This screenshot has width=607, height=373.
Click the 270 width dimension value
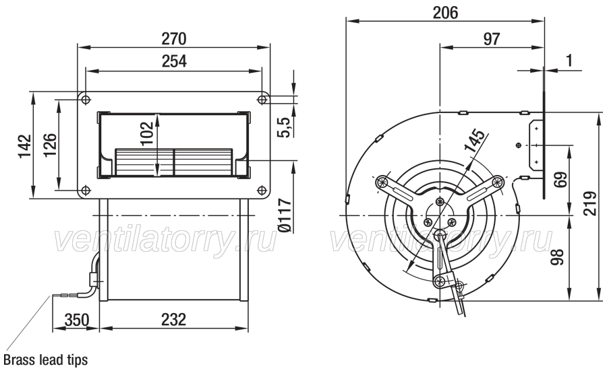[174, 38]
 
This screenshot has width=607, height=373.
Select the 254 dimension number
[174, 61]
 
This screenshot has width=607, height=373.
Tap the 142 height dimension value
[24, 145]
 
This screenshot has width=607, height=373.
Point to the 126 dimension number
[49, 145]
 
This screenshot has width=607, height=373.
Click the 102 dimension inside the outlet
[147, 133]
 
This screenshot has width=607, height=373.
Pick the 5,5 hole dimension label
[283, 127]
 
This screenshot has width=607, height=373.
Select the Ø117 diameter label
[284, 215]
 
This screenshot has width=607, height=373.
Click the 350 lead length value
[77, 320]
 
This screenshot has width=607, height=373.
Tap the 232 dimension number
[174, 320]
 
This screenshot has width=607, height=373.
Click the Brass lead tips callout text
[46, 360]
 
